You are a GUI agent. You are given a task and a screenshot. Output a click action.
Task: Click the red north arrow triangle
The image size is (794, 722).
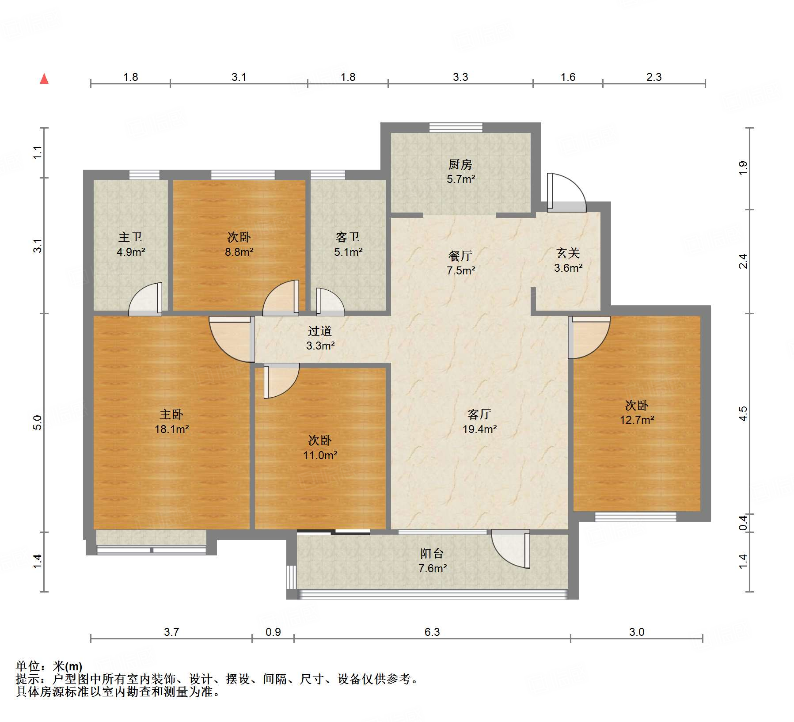(x=44, y=79)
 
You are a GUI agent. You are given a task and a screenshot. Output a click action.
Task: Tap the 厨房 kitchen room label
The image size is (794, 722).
(x=460, y=165)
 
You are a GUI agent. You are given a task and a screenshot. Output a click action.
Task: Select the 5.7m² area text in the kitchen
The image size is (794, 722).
(x=461, y=179)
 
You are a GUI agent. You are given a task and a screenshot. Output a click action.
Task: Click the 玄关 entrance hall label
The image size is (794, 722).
(x=568, y=253)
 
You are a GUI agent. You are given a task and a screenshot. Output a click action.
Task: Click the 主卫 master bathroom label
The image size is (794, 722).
(x=130, y=237)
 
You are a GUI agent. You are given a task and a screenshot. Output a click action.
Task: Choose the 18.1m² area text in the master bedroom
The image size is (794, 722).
(x=172, y=429)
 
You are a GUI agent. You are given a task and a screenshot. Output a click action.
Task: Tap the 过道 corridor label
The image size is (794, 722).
(x=320, y=331)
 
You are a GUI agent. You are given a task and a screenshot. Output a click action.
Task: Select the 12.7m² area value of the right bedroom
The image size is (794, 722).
(x=637, y=420)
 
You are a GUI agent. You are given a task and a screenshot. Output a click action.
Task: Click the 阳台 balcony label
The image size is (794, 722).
(x=432, y=554)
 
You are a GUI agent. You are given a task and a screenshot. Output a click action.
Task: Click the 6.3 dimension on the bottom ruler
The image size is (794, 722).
(x=432, y=632)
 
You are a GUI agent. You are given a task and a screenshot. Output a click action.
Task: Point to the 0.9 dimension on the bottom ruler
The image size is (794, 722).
(x=273, y=632)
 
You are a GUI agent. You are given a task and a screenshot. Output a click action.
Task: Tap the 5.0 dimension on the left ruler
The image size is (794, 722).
(x=38, y=422)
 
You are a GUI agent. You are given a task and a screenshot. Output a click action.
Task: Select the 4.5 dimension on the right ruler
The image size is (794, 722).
(x=743, y=414)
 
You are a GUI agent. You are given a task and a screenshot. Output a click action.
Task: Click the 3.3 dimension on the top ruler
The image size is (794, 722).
(x=460, y=77)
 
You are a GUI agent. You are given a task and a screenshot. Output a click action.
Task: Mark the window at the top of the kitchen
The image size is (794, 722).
(x=456, y=127)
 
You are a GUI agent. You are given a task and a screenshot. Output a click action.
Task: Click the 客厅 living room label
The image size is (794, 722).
(x=479, y=414)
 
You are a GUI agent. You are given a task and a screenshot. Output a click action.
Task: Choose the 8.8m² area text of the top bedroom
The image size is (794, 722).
(x=239, y=252)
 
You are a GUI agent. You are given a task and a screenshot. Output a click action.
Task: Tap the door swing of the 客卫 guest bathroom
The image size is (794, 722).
(x=330, y=302)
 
